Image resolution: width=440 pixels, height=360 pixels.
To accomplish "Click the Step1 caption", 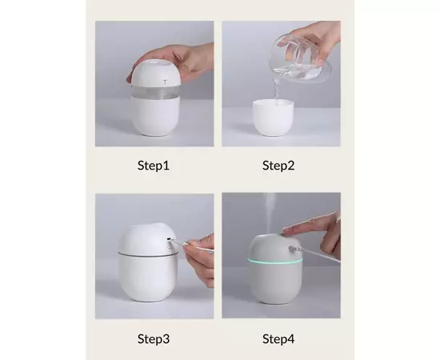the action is pyautogui.click(x=154, y=166).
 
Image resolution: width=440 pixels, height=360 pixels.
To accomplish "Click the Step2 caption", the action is pyautogui.click(x=278, y=166).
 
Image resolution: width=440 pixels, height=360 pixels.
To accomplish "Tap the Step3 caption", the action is pyautogui.click(x=154, y=338).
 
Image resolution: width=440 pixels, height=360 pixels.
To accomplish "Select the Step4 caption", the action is pyautogui.click(x=278, y=338).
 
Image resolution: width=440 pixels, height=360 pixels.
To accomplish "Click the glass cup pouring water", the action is pyautogui.click(x=300, y=59).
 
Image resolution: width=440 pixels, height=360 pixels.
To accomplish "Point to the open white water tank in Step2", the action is pyautogui.click(x=273, y=118).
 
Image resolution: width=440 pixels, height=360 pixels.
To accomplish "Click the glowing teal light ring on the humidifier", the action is pyautogui.click(x=275, y=261).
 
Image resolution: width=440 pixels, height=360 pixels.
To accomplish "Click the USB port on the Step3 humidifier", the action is pyautogui.click(x=170, y=239).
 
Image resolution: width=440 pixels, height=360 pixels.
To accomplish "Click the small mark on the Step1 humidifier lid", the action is pyautogui.click(x=166, y=82).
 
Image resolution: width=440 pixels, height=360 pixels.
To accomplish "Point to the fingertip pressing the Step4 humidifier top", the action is pyautogui.click(x=286, y=231).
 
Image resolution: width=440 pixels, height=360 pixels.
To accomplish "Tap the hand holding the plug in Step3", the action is pyautogui.click(x=200, y=259).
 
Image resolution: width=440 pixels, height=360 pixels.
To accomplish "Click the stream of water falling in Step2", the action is pyautogui.click(x=277, y=87).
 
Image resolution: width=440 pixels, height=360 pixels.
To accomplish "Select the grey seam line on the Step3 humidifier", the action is pyautogui.click(x=148, y=254).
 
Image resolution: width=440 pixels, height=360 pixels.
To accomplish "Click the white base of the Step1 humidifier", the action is pyautogui.click(x=155, y=116).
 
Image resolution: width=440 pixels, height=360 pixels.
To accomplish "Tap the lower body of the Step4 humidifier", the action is pyautogui.click(x=275, y=282).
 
